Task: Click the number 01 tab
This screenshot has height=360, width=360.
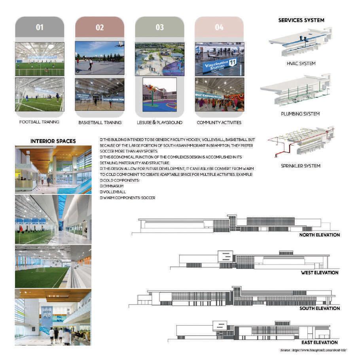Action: pos(40,27)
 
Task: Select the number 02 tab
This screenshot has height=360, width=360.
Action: pos(100,27)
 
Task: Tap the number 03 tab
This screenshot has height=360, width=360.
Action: pos(159,27)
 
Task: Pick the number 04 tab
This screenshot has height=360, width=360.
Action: pos(219,27)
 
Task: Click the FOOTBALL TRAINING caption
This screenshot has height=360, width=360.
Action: pos(40,122)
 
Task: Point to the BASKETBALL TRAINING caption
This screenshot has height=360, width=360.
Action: pos(100,122)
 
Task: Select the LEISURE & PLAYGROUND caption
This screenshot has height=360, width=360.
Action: pos(159,122)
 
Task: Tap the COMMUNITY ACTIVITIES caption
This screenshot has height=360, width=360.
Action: pos(219,122)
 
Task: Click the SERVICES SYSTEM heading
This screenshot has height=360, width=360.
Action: pos(301,20)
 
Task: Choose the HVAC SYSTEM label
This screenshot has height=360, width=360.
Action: pos(301,63)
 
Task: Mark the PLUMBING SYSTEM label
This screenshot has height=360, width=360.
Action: pos(301,114)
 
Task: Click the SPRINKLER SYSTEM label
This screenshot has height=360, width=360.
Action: pos(301,166)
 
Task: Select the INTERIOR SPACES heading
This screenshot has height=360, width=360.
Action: pos(53,141)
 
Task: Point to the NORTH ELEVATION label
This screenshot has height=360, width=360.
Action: pos(320,235)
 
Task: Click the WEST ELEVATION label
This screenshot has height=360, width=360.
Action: pos(320,272)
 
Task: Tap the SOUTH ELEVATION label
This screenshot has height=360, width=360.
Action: pos(320,308)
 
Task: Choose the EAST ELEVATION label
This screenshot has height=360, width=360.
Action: pos(320,342)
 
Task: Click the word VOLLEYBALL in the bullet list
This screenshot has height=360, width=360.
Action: pos(115,192)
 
